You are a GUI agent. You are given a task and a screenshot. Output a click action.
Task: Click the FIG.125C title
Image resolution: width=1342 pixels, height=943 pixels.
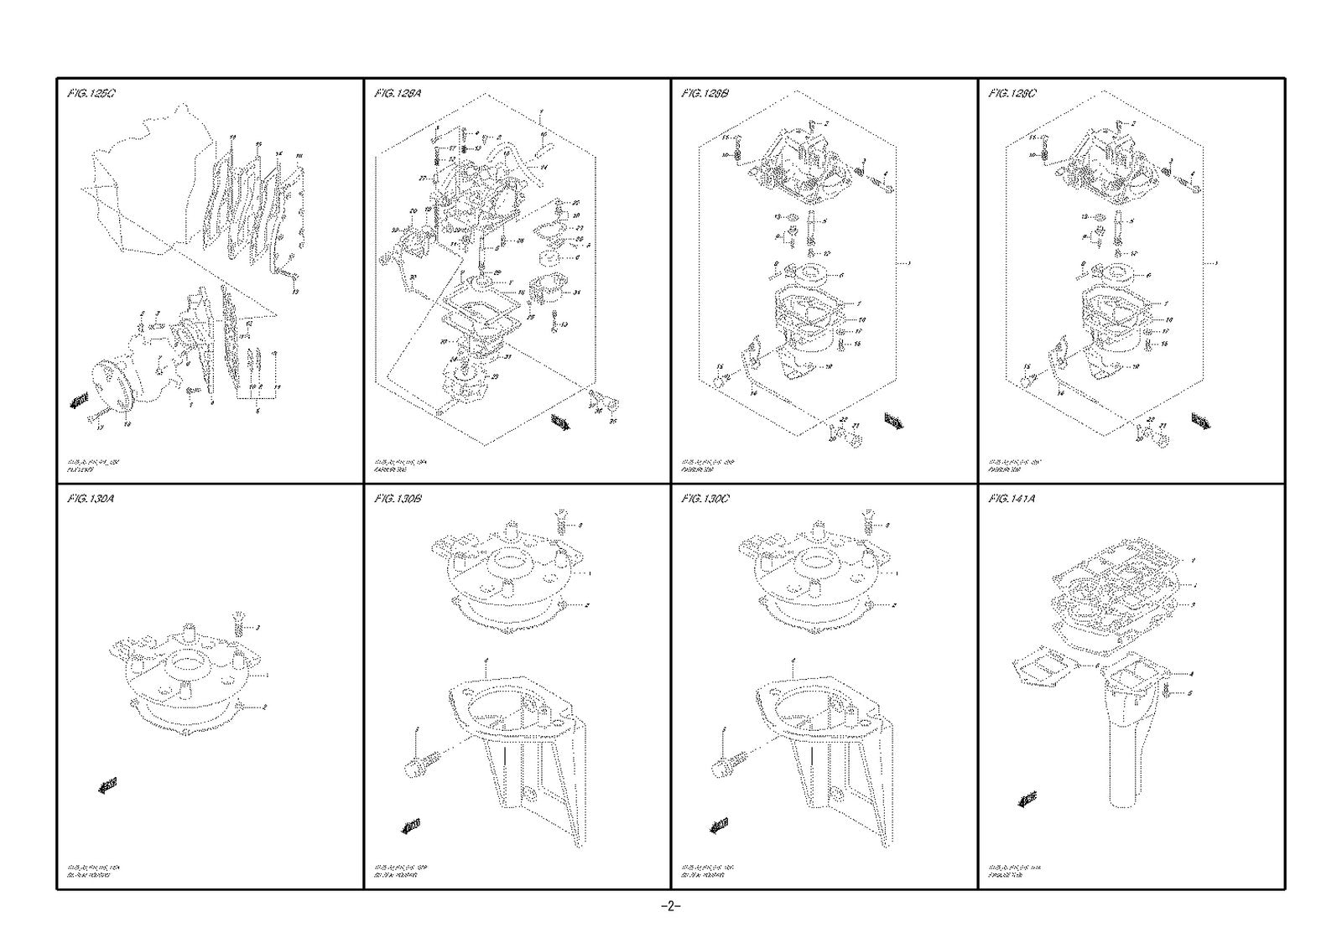click(x=91, y=94)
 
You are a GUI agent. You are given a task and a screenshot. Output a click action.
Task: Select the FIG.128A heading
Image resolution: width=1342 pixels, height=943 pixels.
click(x=398, y=94)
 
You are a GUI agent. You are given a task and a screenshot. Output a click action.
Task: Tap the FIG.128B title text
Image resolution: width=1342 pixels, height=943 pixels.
click(x=705, y=94)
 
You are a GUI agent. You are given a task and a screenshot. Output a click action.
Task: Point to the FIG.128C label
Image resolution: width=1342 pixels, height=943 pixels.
click(x=1012, y=94)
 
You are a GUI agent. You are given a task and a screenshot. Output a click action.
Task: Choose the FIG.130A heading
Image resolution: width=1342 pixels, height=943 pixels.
click(x=91, y=499)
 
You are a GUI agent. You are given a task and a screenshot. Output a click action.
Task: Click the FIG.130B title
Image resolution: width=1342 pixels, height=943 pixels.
click(x=398, y=499)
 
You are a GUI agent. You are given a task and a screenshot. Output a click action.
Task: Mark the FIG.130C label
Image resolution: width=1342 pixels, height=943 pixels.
click(x=705, y=499)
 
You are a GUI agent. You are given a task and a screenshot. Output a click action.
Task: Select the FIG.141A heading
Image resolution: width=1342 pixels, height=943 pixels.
click(x=1012, y=499)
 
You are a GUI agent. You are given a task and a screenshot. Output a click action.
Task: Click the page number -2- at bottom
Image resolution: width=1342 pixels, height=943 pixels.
click(x=671, y=907)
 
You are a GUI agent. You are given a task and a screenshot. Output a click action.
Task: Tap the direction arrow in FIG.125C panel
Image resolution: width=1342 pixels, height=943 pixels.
click(x=79, y=402)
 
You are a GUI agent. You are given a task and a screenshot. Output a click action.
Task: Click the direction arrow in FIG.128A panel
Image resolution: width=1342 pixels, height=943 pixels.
click(x=560, y=422)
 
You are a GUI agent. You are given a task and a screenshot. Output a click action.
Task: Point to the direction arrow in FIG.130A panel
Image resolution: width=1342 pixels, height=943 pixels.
click(x=107, y=785)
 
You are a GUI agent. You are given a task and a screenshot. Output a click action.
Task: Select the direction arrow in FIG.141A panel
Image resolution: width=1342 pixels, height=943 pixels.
click(x=1027, y=800)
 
